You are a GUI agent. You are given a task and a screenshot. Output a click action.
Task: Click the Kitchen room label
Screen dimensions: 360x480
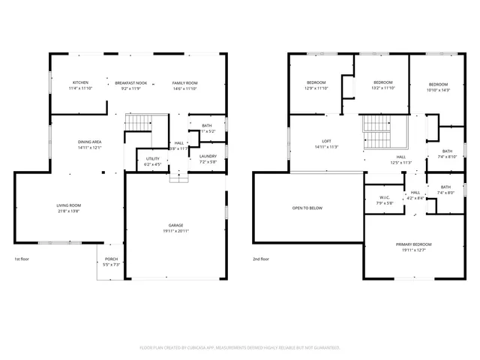[80, 82]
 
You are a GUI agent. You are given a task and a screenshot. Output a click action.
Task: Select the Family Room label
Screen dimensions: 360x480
[184, 82]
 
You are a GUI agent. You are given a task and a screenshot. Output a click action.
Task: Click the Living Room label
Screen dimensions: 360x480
[68, 205]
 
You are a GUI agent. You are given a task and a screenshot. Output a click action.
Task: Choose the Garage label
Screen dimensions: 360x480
[175, 225]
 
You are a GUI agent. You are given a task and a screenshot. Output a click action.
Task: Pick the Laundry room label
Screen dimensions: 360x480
[208, 156]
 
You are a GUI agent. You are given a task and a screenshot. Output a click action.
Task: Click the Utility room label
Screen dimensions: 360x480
[152, 159]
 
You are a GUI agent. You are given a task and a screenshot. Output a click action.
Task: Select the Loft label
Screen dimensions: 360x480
[326, 142]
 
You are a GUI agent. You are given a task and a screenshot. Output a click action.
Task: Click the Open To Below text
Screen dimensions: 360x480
[307, 208]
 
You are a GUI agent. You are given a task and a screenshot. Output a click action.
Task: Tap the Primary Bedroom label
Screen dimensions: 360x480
[414, 245]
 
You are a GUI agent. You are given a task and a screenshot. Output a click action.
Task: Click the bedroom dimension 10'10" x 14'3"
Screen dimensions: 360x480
[438, 90]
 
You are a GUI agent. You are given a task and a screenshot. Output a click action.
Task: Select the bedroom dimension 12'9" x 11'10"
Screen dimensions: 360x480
[316, 88]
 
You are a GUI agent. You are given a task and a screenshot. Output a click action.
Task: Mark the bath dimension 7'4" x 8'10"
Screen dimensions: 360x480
[447, 157]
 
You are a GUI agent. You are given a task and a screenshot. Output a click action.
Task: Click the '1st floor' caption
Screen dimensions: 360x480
[22, 259]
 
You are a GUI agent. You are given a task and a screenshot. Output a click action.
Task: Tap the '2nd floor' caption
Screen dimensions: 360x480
[262, 259]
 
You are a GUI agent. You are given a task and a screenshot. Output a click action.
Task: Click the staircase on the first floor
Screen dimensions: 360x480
[137, 122]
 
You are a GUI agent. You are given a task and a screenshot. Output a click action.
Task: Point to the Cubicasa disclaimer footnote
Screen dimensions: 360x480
[240, 347]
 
